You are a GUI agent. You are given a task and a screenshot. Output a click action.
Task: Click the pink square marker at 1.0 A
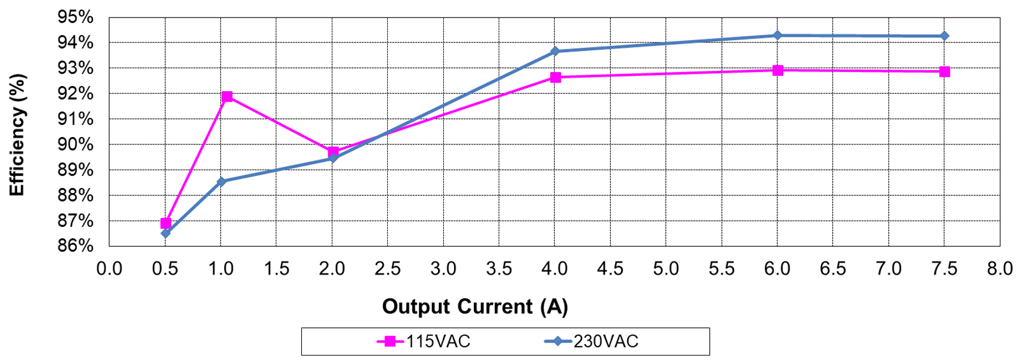[x=227, y=97]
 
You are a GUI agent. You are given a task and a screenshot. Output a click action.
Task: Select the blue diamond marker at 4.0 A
[x=555, y=52]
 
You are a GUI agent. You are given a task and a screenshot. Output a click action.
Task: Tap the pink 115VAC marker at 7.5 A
[x=944, y=71]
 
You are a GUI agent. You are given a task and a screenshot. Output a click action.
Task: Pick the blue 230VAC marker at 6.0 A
[x=777, y=36]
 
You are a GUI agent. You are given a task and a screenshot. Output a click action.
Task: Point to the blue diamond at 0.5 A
[x=165, y=233]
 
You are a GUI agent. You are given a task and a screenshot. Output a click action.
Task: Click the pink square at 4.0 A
[x=555, y=77]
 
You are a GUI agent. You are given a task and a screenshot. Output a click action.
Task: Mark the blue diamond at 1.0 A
[x=221, y=182]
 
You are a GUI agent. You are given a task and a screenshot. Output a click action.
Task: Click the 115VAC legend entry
[x=425, y=341]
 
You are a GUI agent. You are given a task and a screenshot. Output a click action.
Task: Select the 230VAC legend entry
[x=592, y=341]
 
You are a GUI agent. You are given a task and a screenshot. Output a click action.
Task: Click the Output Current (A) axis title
[x=474, y=307]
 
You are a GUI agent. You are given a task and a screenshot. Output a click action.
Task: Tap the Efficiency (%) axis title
[x=17, y=135]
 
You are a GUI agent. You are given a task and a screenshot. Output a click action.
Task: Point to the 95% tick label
[x=75, y=17]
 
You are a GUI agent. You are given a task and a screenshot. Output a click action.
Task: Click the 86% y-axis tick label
[x=75, y=246]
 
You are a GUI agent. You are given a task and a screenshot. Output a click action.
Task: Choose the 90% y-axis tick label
[x=75, y=144]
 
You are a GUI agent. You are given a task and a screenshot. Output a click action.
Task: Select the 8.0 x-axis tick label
[x=999, y=268]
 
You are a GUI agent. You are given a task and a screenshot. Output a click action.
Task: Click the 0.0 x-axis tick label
[x=109, y=268]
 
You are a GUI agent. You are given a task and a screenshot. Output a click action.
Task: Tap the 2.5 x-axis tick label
[x=387, y=268]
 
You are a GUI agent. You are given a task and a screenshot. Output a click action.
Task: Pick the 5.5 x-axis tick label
[x=721, y=268]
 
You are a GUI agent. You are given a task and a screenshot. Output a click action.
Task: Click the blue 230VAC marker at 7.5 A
[x=944, y=36]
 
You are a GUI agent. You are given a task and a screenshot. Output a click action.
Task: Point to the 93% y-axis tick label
[x=75, y=68]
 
